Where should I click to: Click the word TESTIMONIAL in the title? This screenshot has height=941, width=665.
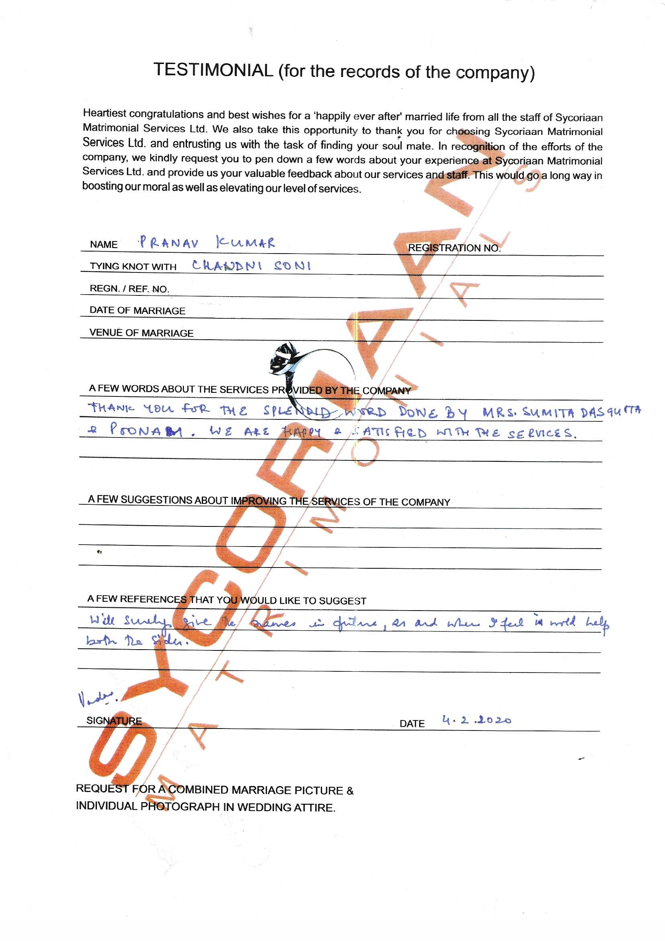click(x=213, y=70)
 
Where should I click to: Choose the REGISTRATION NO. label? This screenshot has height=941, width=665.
click(x=454, y=248)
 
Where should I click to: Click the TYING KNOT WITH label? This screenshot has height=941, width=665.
click(x=133, y=266)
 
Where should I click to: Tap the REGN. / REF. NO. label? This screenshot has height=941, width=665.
click(x=129, y=289)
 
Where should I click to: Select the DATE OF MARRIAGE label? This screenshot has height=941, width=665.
click(x=137, y=311)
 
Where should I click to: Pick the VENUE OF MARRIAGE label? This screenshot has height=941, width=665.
click(x=141, y=333)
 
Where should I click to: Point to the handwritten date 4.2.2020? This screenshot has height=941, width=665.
click(x=477, y=720)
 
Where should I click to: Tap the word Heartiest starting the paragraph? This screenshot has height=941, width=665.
click(x=104, y=113)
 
